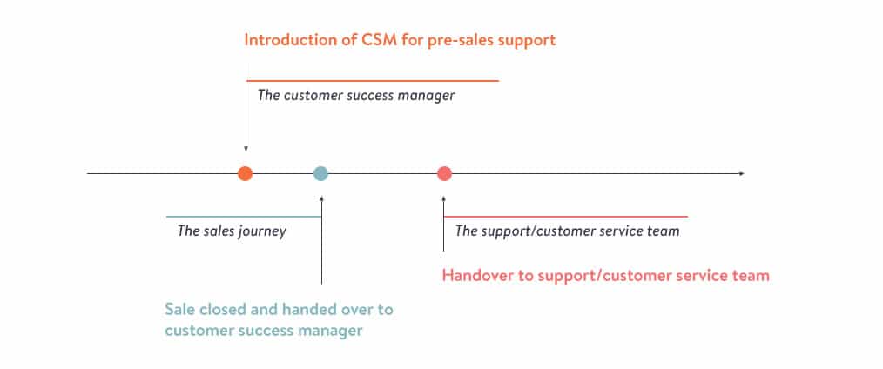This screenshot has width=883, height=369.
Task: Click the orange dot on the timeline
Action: [x=246, y=173]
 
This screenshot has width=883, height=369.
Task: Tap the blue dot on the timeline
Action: [x=321, y=173]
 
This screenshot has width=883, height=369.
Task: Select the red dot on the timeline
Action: [x=444, y=173]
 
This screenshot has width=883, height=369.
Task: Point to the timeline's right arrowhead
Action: [x=741, y=174]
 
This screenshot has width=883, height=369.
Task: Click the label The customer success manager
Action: [x=355, y=95]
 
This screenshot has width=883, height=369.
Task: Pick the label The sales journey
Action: [x=232, y=231]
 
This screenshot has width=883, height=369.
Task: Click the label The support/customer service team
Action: [x=567, y=231]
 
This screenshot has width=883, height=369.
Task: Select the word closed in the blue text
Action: [x=226, y=310]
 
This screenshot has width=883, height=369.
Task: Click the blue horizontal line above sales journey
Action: [x=243, y=217]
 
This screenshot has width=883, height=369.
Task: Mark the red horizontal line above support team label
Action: [x=566, y=217]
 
